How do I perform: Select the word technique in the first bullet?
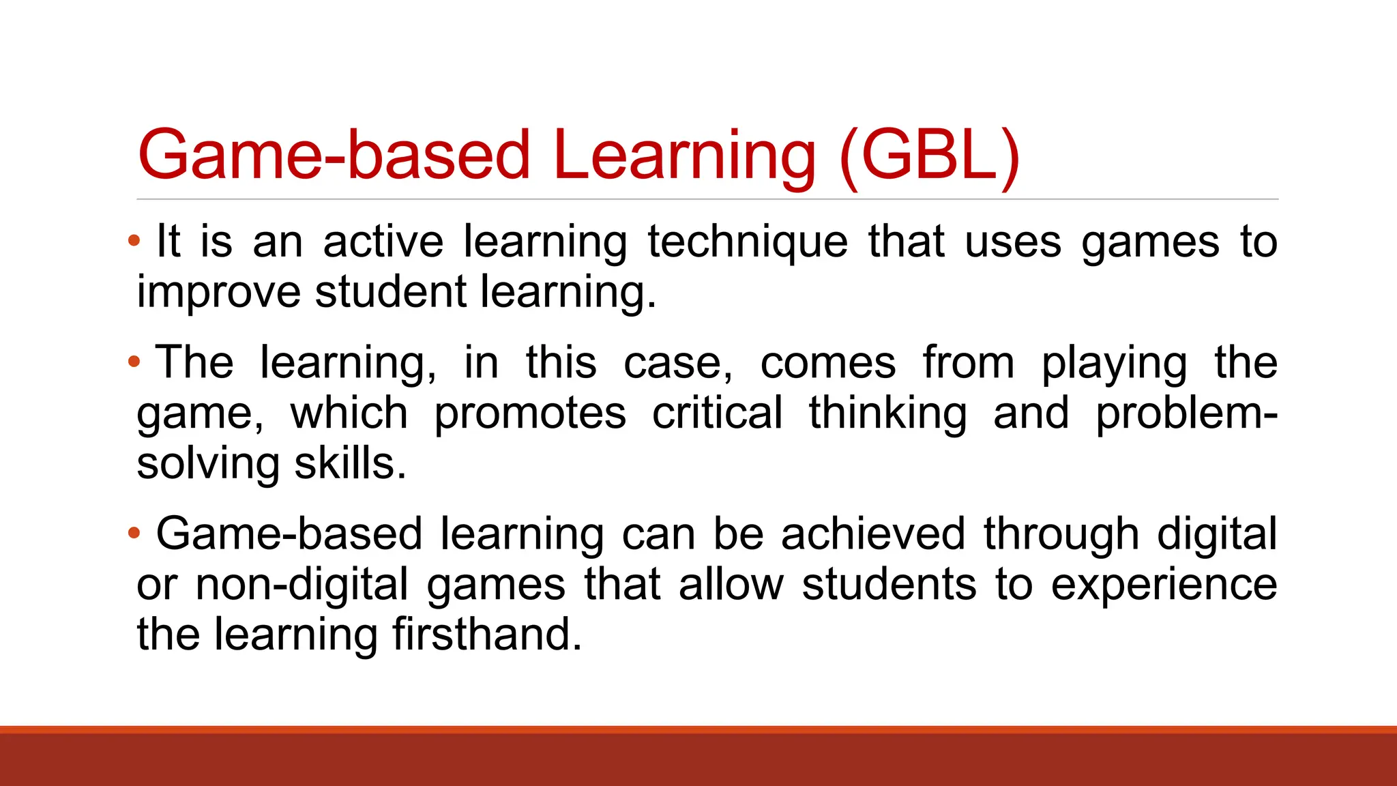[748, 242]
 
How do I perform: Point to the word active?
[383, 242]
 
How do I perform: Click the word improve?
[218, 293]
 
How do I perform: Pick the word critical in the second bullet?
[717, 413]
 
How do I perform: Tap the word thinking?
[888, 413]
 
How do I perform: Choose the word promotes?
[530, 413]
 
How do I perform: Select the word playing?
[1114, 363]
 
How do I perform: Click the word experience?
[1164, 585]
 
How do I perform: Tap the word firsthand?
[487, 635]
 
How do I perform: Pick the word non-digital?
[302, 585]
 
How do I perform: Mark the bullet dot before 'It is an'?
[134, 240]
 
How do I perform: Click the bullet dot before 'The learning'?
[134, 361]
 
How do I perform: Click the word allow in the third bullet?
[731, 585]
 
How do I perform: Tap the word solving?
[208, 464]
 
